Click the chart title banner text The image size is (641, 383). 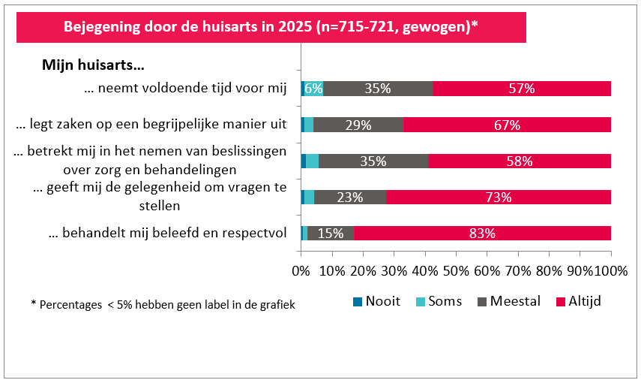click(271, 27)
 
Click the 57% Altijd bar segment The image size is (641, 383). click(522, 89)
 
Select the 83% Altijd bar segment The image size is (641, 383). click(482, 233)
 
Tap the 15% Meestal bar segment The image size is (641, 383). click(331, 233)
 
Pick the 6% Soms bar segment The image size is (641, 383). click(313, 89)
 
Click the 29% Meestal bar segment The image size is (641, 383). click(358, 125)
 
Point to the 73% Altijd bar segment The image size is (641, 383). click(499, 198)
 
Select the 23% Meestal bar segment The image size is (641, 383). click(350, 198)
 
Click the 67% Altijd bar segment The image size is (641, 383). click(507, 125)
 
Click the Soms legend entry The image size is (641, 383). click(439, 301)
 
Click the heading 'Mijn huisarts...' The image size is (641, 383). click(92, 65)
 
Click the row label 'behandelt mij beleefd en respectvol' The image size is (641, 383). click(168, 234)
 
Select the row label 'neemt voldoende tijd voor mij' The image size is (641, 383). click(186, 89)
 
